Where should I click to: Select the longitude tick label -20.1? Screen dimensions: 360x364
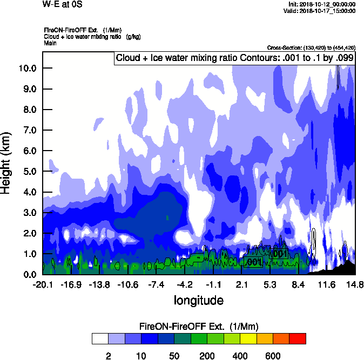tap(42, 285)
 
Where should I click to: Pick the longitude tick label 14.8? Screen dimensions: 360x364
tap(355, 285)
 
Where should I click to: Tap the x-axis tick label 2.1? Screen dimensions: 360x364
tap(241, 285)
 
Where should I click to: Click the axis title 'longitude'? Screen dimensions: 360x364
tap(198, 300)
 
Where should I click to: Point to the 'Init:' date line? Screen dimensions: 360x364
tap(322, 4)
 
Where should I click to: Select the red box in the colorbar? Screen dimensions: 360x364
tap(298, 338)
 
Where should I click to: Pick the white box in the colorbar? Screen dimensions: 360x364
tap(100, 338)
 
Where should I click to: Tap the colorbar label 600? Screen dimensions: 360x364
tap(273, 356)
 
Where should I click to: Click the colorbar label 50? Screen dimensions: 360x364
tap(174, 356)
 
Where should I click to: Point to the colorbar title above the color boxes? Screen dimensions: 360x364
tap(199, 327)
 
